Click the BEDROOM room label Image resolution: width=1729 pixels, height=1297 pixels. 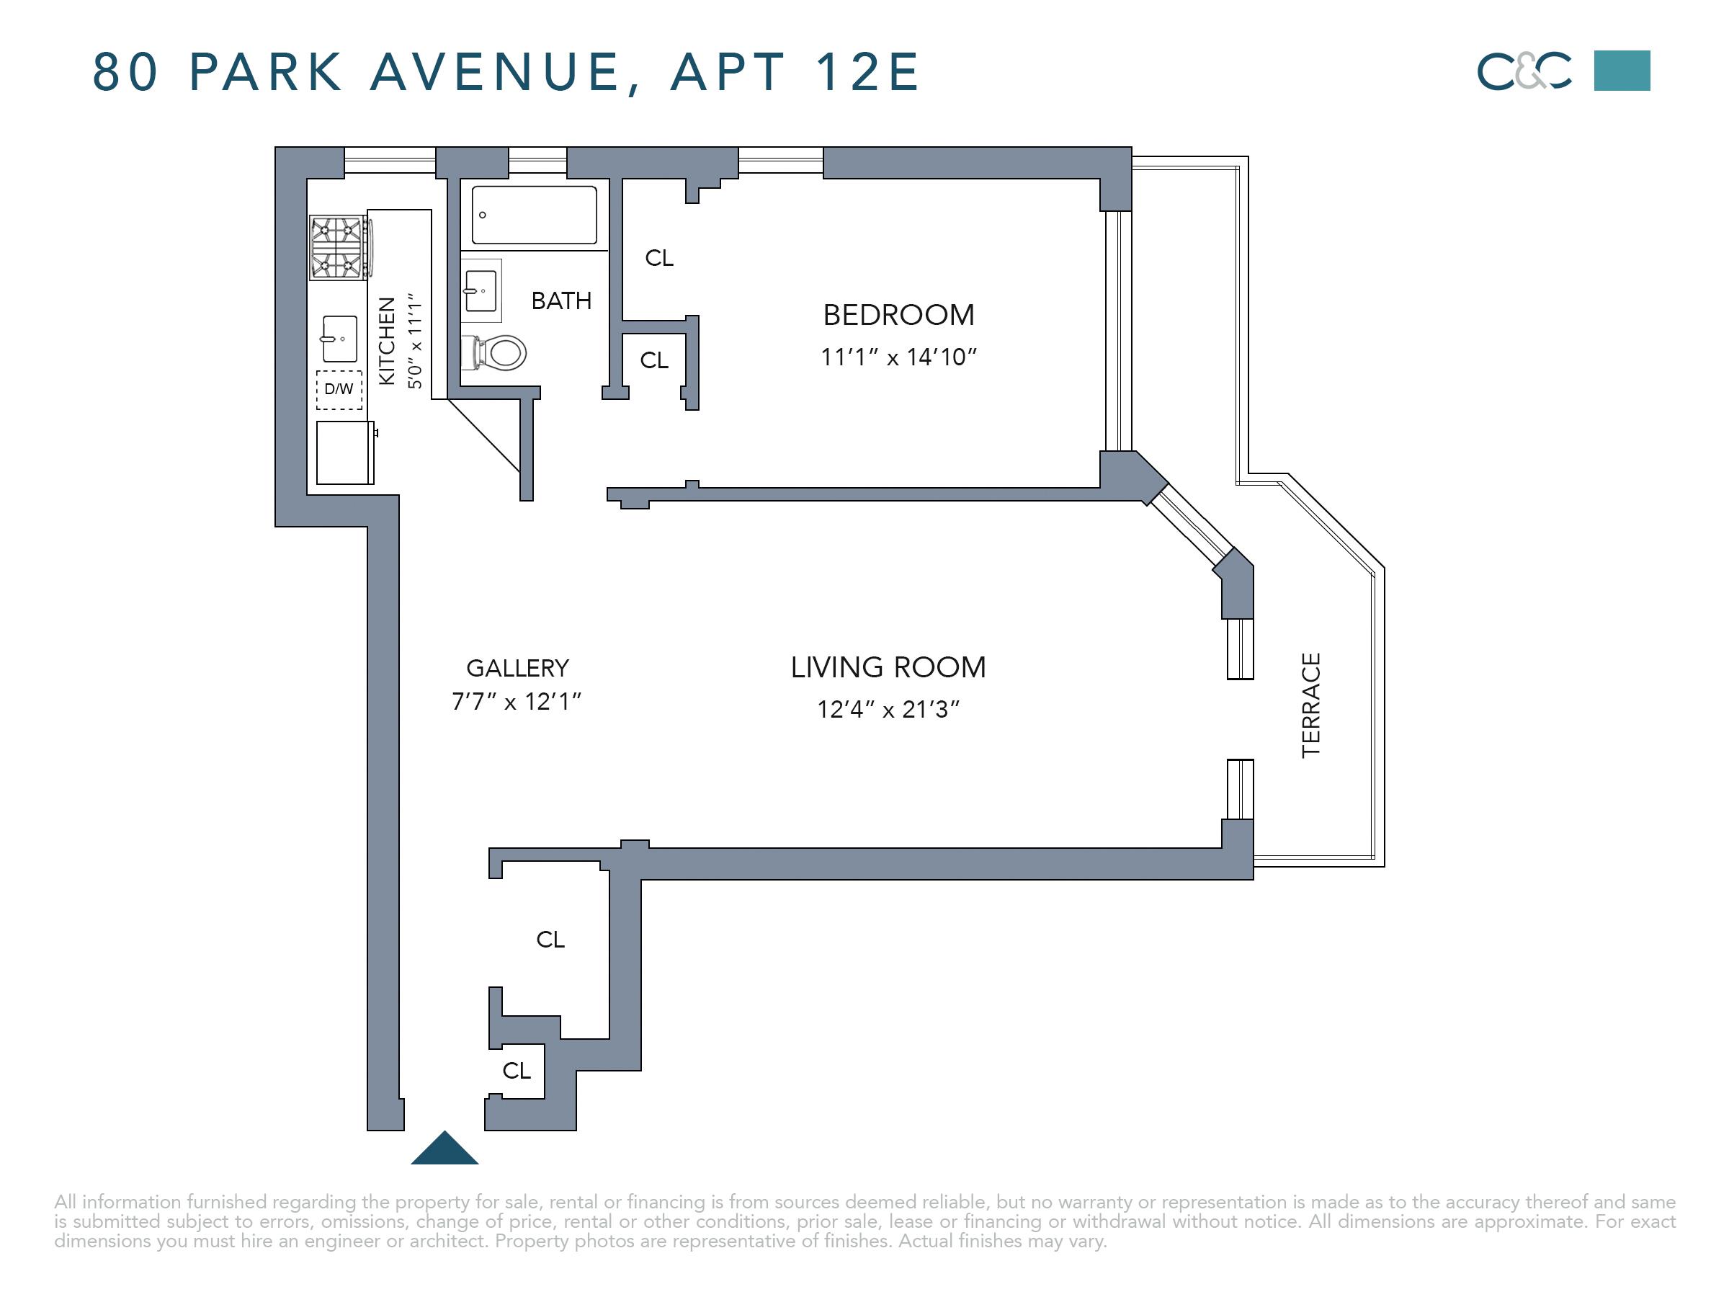click(899, 315)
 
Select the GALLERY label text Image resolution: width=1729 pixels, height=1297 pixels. click(517, 669)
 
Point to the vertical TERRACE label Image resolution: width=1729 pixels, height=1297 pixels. click(1311, 705)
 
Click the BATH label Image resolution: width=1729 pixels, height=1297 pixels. click(561, 301)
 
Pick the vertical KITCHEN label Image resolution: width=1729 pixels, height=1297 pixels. click(387, 341)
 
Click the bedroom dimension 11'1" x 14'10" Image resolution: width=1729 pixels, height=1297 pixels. click(899, 357)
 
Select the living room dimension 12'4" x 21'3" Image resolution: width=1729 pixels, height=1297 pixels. click(888, 709)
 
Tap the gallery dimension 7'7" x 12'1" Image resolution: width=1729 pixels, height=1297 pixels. click(517, 701)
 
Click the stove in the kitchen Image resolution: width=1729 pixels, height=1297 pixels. click(341, 248)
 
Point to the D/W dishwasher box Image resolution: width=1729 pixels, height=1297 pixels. click(339, 389)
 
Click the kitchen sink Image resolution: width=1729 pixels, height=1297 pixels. click(339, 339)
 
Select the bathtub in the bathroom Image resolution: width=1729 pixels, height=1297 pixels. click(535, 215)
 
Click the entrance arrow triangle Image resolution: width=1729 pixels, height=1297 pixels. click(444, 1148)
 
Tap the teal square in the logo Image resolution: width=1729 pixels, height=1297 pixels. click(1622, 71)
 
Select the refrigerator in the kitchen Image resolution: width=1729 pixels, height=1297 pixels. click(346, 453)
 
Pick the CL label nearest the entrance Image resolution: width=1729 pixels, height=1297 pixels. click(517, 1070)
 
